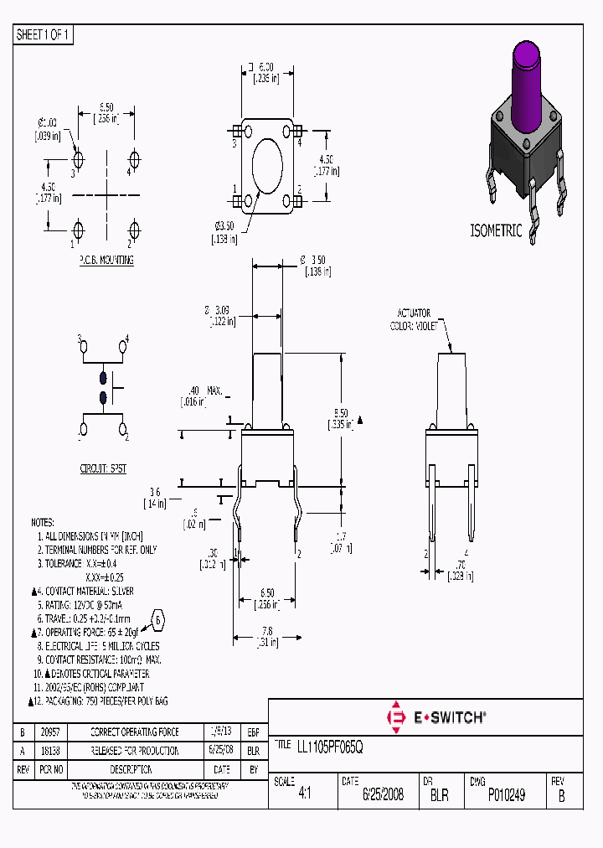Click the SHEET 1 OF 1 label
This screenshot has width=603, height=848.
point(44,34)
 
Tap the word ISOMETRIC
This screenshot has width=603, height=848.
point(496,230)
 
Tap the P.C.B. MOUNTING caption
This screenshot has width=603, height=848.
point(106,261)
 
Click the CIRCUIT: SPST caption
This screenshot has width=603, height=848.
point(103,468)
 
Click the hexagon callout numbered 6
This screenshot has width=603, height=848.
point(157,621)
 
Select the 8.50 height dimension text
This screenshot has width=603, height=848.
point(340,413)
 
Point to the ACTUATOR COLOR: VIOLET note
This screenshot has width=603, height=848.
point(415,320)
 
